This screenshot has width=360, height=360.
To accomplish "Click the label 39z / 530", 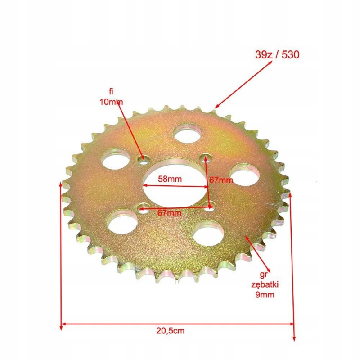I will (275, 55).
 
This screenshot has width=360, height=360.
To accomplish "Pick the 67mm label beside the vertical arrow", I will (221, 180).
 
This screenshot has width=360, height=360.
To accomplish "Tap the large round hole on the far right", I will (245, 174).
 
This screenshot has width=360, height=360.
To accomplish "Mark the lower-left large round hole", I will (122, 220).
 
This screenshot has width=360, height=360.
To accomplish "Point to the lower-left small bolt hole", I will (144, 208).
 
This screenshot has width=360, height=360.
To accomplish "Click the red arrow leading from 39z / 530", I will (243, 85).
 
